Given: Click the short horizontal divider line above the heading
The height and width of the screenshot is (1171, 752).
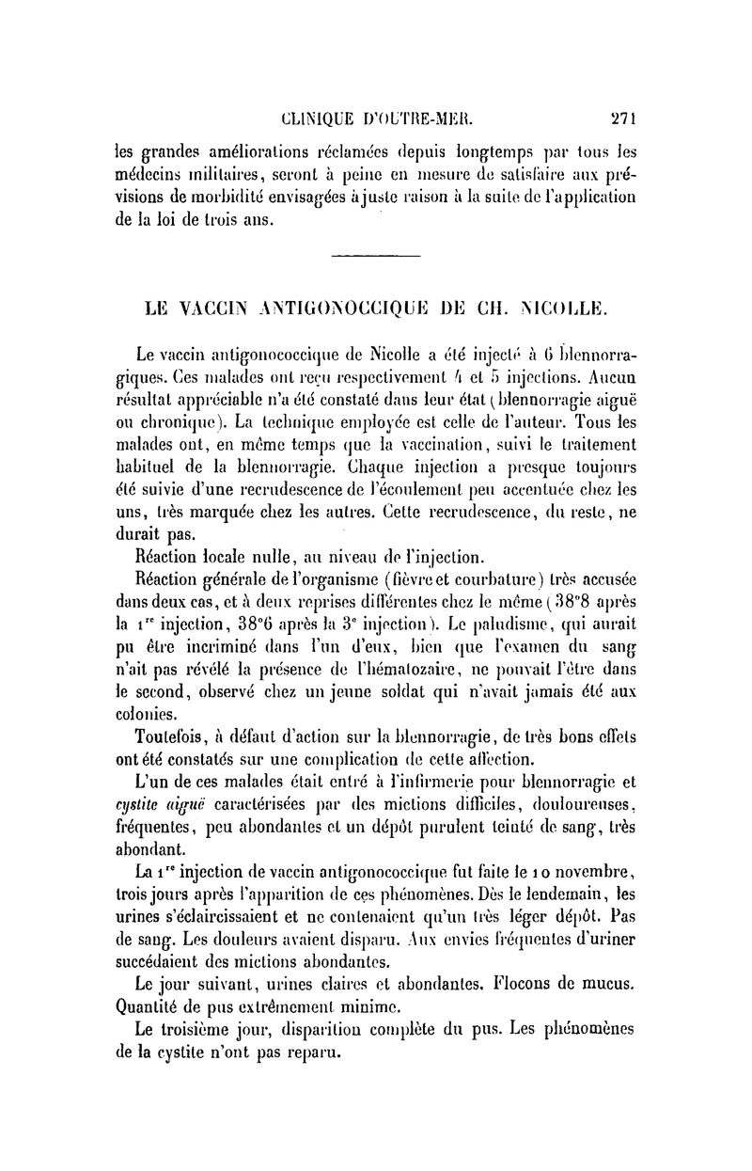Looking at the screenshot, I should (376, 255).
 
